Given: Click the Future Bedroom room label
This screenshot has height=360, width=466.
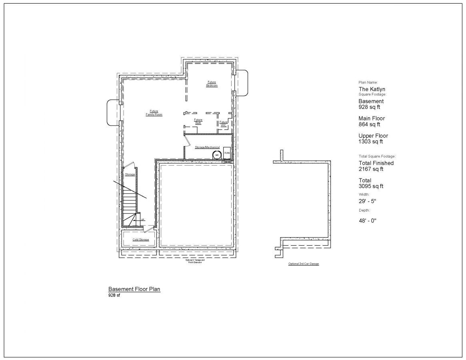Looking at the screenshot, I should click(x=212, y=84).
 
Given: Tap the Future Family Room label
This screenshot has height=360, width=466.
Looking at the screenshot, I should click(x=154, y=113).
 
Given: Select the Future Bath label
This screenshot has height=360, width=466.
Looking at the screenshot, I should click(x=198, y=121).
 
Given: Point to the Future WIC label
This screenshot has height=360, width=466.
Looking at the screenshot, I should click(x=224, y=124).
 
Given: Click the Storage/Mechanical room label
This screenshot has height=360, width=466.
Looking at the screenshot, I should click(x=207, y=147).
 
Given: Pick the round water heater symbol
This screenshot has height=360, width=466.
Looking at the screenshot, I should click(x=217, y=154).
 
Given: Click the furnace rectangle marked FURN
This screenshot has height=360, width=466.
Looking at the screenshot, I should click(x=227, y=153).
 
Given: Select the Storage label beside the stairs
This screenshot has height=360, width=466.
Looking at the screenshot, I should click(x=130, y=175).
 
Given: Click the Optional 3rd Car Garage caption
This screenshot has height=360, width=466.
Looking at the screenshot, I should click(x=304, y=264).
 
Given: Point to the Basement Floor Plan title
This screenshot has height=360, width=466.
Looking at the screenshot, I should click(x=134, y=289).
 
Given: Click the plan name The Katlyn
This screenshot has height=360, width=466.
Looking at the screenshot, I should click(x=372, y=89).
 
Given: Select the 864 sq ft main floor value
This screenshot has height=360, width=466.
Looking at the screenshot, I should click(x=369, y=124).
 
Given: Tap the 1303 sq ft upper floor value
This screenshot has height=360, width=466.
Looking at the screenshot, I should click(x=371, y=142).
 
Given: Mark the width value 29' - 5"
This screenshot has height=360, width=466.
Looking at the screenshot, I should click(x=367, y=201).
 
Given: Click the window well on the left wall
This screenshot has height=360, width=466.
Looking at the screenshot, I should click(x=112, y=112).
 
